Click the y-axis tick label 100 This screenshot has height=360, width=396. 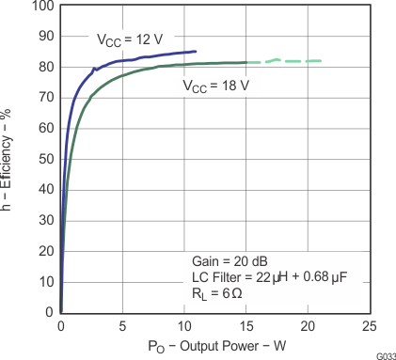click(x=42, y=6)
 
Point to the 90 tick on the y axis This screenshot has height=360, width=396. click(x=45, y=37)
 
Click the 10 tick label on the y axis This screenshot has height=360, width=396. click(x=45, y=281)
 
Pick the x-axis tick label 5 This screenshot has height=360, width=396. click(x=122, y=325)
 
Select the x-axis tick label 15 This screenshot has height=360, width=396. click(x=246, y=325)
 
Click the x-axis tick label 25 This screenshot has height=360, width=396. click(x=369, y=325)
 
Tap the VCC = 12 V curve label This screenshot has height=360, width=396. click(x=132, y=40)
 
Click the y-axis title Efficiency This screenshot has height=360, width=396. click(x=8, y=156)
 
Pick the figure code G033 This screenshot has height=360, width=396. click(x=384, y=356)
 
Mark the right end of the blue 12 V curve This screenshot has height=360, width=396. click(x=196, y=52)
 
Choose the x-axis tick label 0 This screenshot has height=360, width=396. click(x=61, y=325)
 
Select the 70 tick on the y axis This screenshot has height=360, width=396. click(x=45, y=98)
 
